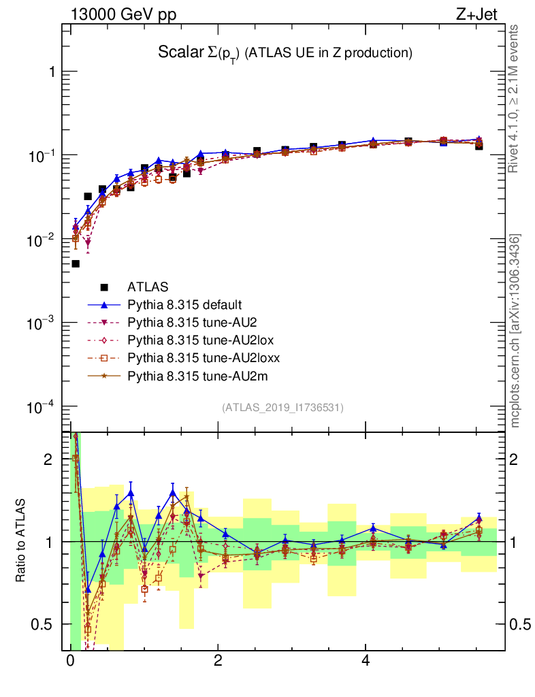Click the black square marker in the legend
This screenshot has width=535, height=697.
(103, 287)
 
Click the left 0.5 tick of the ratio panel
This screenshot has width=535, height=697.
(44, 624)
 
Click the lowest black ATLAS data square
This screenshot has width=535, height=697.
(76, 263)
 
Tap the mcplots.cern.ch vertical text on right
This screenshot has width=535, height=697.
(516, 331)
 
